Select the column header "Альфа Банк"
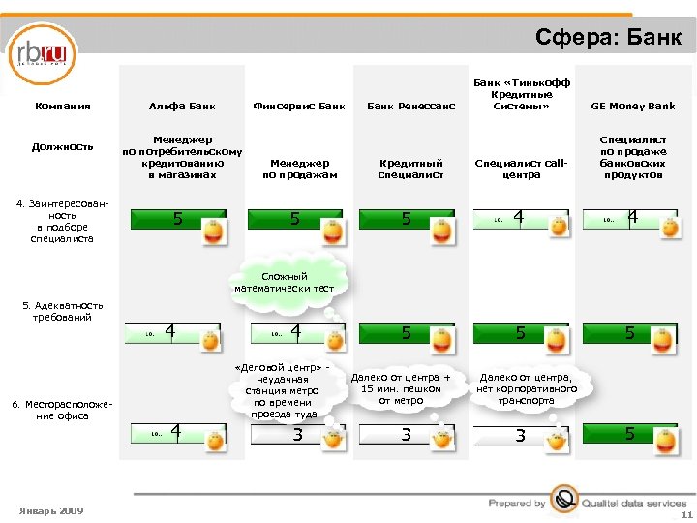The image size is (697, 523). [x=182, y=106]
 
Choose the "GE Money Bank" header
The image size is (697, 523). [x=633, y=106]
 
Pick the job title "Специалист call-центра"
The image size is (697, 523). [x=521, y=169]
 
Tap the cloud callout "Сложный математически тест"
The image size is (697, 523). [x=284, y=282]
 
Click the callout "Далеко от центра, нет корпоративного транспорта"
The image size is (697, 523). [x=527, y=388]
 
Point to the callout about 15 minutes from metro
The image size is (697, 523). [x=401, y=388]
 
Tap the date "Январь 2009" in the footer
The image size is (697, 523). [x=51, y=510]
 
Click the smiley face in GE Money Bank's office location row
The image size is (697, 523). [x=669, y=438]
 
